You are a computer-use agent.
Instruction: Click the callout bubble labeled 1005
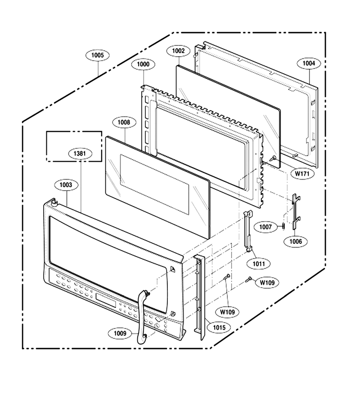[98, 55]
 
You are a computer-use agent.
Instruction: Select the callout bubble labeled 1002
[179, 50]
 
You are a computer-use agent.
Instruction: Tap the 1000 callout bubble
[143, 64]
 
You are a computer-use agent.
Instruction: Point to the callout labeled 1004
[309, 63]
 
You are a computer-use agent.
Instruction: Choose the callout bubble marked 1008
[124, 122]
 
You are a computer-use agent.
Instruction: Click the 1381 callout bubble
[80, 153]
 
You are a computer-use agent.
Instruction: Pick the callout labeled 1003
[66, 184]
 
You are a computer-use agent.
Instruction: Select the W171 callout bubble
[302, 174]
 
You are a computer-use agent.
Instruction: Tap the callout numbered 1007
[265, 227]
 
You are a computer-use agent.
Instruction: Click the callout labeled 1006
[296, 242]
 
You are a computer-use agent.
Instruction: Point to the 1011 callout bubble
[259, 264]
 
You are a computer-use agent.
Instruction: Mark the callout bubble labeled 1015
[219, 328]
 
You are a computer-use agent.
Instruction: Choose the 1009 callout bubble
[120, 333]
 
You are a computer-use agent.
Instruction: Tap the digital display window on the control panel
[106, 301]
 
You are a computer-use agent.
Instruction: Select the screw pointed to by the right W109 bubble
[249, 279]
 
